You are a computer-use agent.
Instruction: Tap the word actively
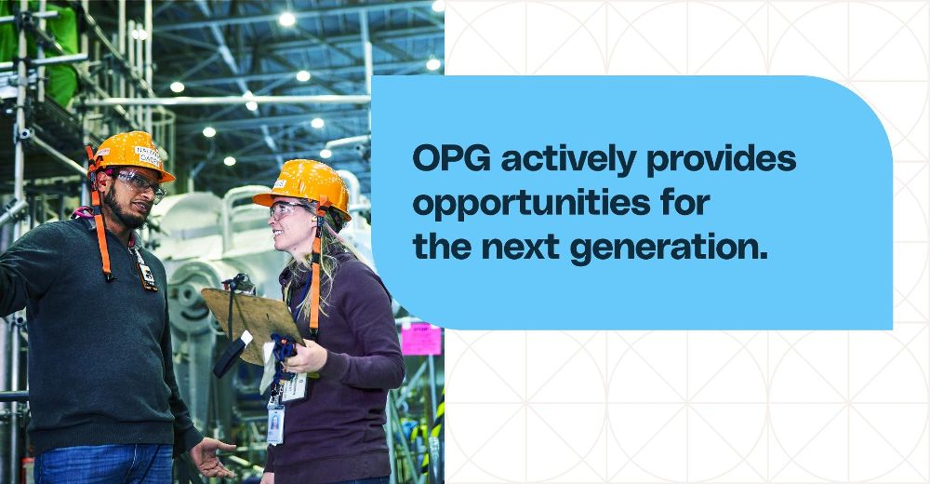569,160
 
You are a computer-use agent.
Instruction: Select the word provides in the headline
722,159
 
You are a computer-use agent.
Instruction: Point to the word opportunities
531,204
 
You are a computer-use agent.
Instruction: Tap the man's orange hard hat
131,155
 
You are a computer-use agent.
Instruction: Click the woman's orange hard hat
304,186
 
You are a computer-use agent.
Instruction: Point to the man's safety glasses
140,183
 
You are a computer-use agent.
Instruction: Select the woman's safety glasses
287,209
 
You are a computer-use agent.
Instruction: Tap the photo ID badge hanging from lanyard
275,424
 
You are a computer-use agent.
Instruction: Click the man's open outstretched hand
212,457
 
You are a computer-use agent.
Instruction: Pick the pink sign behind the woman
421,339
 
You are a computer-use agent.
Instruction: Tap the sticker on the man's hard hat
148,155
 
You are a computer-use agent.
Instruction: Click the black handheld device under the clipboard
232,356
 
